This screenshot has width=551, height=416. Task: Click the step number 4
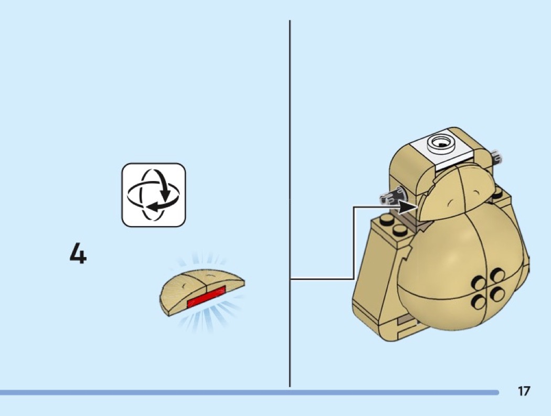pos(78,254)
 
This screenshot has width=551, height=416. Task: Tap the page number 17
pos(523,391)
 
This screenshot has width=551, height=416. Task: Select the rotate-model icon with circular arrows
pos(154,195)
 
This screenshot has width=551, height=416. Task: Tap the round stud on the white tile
pos(440,142)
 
